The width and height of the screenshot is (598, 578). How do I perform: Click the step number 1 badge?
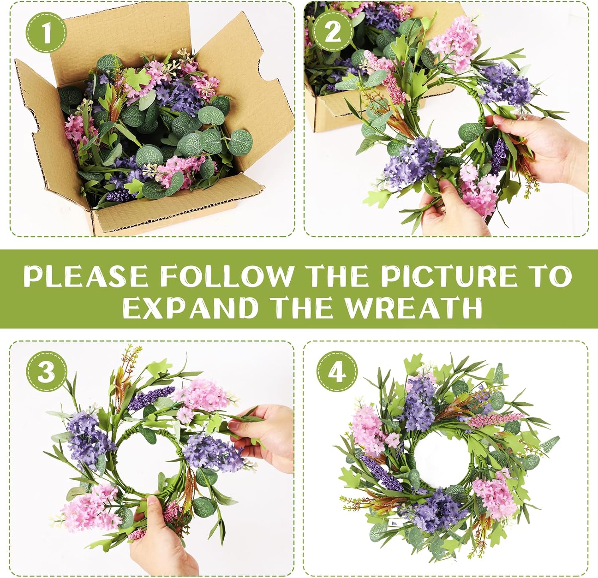[x=47, y=32]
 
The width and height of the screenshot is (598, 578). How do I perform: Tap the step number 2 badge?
[x=332, y=31]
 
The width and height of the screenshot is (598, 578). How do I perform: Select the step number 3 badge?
[x=47, y=372]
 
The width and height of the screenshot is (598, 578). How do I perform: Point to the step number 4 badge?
[x=337, y=372]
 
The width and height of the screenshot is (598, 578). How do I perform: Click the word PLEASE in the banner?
[x=86, y=276]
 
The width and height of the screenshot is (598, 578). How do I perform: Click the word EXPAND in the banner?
[x=189, y=307]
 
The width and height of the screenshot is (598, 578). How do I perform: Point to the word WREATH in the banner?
[x=413, y=307]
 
